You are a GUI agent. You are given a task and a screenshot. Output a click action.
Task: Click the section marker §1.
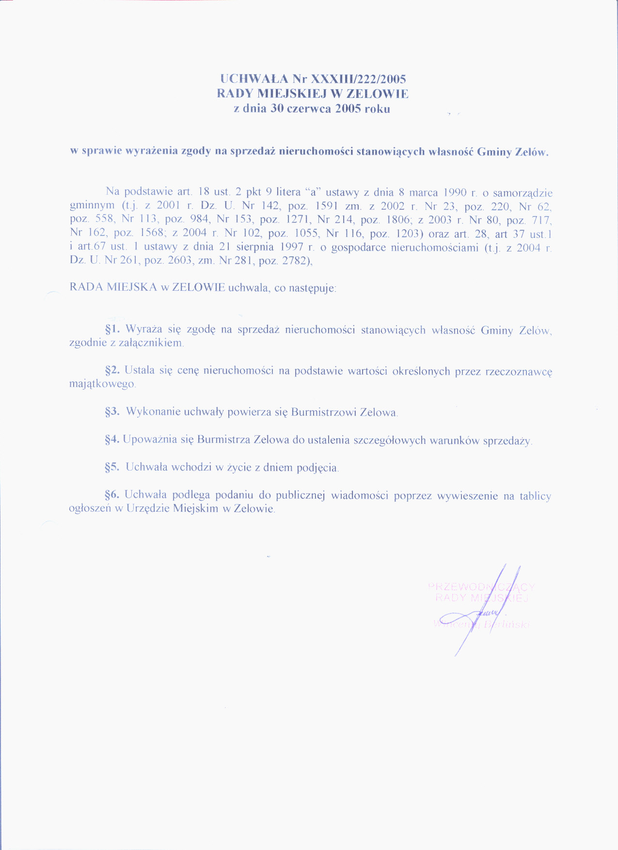coord(112,329)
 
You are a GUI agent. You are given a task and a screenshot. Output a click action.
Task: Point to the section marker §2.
coord(112,370)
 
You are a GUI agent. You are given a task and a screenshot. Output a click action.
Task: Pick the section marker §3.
coord(112,412)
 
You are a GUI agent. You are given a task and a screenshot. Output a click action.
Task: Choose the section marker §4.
coord(112,440)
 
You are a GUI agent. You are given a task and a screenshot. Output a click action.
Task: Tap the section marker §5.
coord(112,467)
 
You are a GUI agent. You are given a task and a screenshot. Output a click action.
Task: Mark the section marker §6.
coord(112,495)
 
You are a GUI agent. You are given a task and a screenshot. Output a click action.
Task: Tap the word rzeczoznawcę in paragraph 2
coord(519,372)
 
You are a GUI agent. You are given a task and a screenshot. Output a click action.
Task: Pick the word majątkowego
coord(102,384)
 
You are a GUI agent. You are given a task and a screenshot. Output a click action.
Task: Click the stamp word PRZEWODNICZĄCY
coord(481,587)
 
